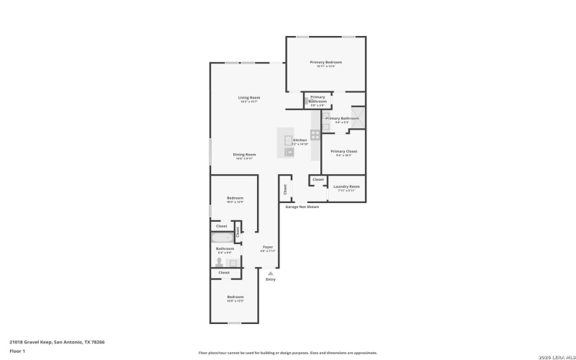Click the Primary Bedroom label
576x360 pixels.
coord(325,63)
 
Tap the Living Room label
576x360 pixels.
coord(249,98)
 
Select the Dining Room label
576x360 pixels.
coord(244,155)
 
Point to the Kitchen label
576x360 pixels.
coord(300,140)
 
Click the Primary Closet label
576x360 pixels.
coord(343,152)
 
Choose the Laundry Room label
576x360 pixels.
coord(346,187)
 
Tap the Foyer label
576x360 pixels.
coord(267,247)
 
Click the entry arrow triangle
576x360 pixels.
coord(270,273)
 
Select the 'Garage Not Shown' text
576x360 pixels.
coord(302,207)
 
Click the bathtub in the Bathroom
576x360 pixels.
coord(222,237)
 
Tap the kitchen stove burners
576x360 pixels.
coord(315,135)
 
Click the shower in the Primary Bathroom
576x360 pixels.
coord(358,118)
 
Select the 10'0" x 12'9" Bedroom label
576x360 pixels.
coord(235,199)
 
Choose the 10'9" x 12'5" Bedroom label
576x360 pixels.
coord(235,297)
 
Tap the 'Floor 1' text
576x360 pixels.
coord(17,351)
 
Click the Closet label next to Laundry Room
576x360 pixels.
coord(318,179)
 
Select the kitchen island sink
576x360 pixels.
coord(289,140)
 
